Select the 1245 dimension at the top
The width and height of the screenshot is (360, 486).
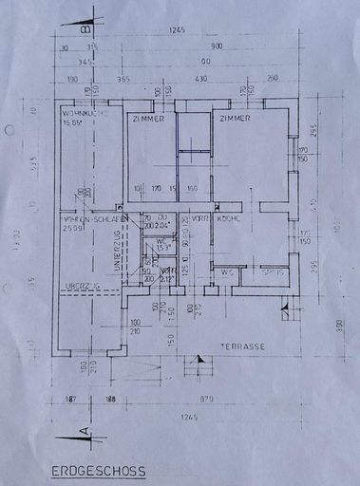tap(177, 30)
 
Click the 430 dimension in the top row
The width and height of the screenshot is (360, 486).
tap(200, 79)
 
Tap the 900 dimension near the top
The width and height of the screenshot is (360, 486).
tap(217, 47)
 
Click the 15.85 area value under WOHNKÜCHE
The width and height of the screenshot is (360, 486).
tap(73, 122)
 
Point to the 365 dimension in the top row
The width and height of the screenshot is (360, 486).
tap(124, 79)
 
